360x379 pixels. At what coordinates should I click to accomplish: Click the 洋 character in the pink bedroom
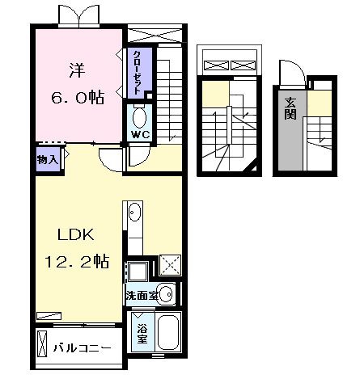pyautogui.click(x=78, y=70)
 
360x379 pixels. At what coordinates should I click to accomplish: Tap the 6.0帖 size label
pyautogui.click(x=78, y=97)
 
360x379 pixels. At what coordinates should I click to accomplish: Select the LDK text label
pyautogui.click(x=76, y=234)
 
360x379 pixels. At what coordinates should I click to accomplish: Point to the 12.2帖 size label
pyautogui.click(x=77, y=261)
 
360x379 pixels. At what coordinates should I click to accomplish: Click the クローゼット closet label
pyautogui.click(x=138, y=72)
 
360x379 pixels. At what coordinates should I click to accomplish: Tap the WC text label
pyautogui.click(x=140, y=134)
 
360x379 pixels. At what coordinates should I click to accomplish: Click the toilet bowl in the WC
pyautogui.click(x=140, y=118)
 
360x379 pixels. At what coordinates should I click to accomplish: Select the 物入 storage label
pyautogui.click(x=48, y=160)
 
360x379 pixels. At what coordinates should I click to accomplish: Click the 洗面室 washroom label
pyautogui.click(x=142, y=296)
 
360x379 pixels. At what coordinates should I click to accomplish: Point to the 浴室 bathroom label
pyautogui.click(x=142, y=334)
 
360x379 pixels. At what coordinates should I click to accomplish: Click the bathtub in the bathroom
pyautogui.click(x=168, y=332)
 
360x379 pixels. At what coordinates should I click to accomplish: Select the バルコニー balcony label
pyautogui.click(x=82, y=348)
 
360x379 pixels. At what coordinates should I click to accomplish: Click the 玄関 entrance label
pyautogui.click(x=290, y=108)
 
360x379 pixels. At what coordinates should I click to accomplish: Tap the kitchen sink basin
pyautogui.click(x=134, y=212)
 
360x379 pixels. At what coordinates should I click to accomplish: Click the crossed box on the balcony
pyautogui.click(x=42, y=343)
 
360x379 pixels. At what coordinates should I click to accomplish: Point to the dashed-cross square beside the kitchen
pyautogui.click(x=170, y=265)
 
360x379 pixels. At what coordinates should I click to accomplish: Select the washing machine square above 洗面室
pyautogui.click(x=138, y=272)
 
